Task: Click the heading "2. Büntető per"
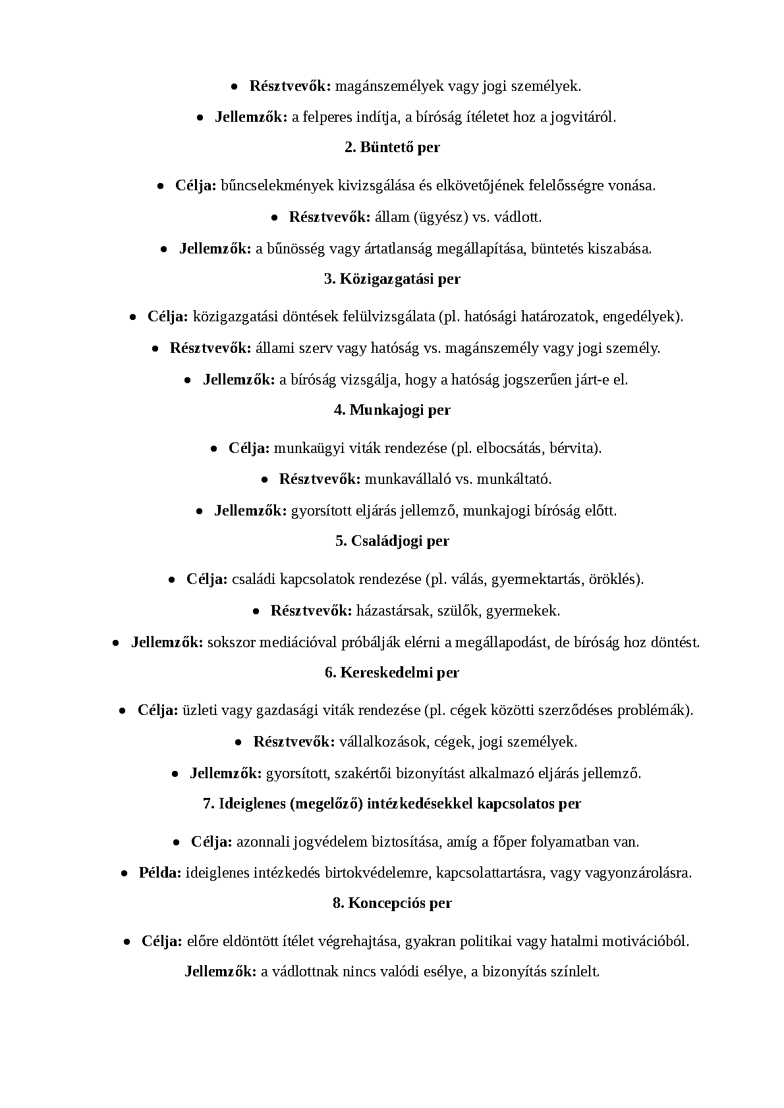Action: [x=392, y=147]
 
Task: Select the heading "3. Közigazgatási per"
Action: [x=392, y=279]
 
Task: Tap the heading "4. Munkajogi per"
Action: [x=392, y=410]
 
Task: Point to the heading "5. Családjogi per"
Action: [x=392, y=541]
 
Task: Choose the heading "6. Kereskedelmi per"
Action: [x=392, y=673]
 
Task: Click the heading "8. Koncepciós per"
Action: [x=392, y=903]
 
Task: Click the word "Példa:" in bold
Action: [x=160, y=874]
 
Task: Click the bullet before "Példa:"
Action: [x=125, y=874]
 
